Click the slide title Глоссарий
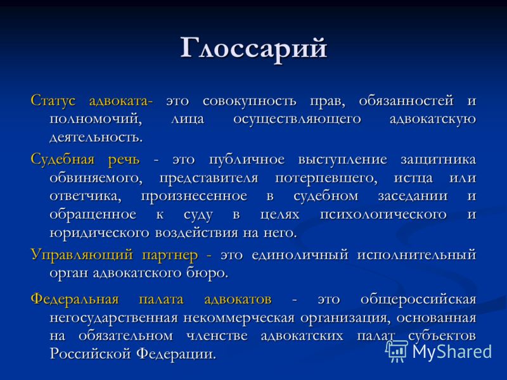(254, 49)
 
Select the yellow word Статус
(53, 100)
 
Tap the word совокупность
(249, 101)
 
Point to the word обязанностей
(406, 101)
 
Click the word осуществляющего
(297, 119)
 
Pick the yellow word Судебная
(62, 160)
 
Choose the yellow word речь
(124, 160)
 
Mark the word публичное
(247, 160)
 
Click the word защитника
(438, 160)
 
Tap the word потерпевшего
(326, 178)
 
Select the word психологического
(383, 215)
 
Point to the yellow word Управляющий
(82, 255)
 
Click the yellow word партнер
(170, 255)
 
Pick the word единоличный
(300, 255)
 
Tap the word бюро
(207, 273)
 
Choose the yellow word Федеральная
(75, 299)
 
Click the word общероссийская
(418, 300)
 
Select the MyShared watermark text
(452, 351)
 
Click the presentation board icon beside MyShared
(397, 351)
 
